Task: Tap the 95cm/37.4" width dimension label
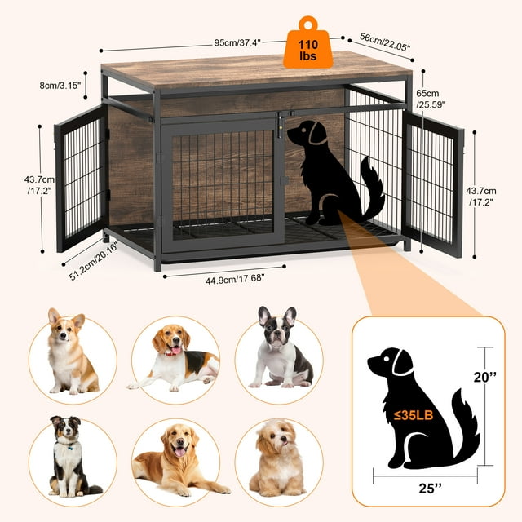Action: (x=237, y=42)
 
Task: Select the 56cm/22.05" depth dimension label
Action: (x=384, y=42)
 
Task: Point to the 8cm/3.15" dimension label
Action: (x=60, y=86)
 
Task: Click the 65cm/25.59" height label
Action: (x=431, y=99)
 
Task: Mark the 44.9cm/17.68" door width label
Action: (x=235, y=279)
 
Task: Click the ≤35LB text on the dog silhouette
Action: (x=414, y=415)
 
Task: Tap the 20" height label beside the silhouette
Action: (x=484, y=377)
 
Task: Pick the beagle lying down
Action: (x=173, y=357)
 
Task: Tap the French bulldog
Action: (x=280, y=348)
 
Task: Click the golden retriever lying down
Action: (x=179, y=460)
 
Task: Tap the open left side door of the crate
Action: (x=82, y=178)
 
